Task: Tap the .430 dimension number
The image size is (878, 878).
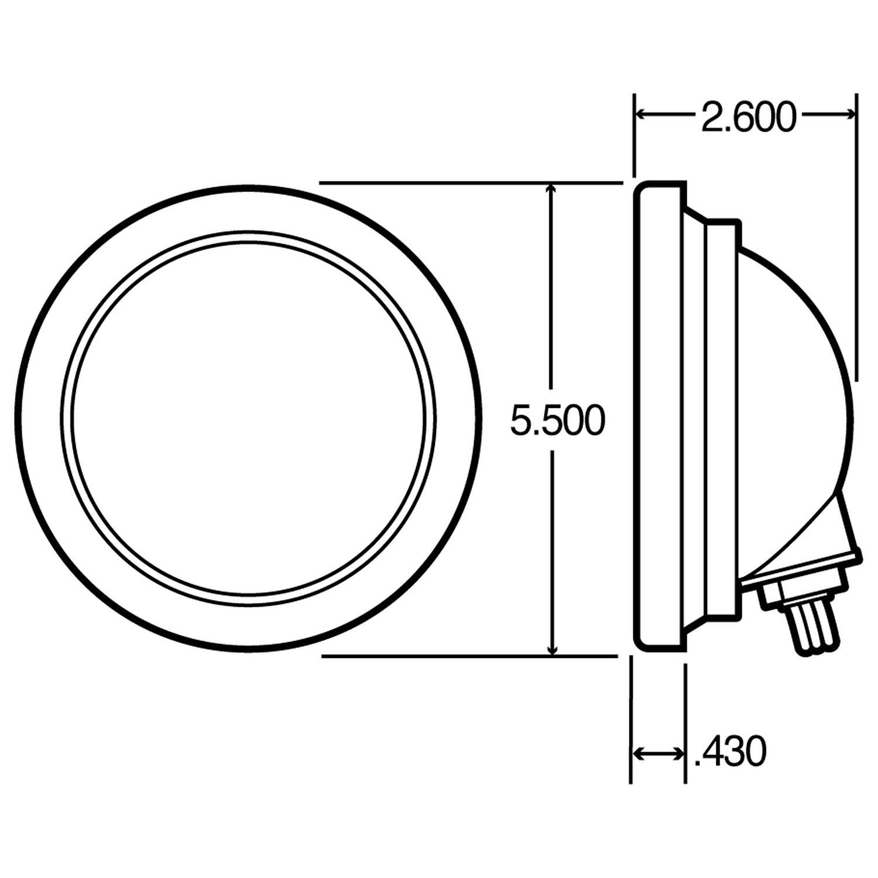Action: pyautogui.click(x=729, y=752)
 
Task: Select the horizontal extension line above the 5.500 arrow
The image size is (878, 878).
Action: pyautogui.click(x=468, y=183)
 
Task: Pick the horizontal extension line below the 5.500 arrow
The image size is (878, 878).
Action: pyautogui.click(x=468, y=656)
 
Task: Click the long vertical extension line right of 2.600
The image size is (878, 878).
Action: pyautogui.click(x=856, y=234)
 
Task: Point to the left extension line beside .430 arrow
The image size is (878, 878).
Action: pyautogui.click(x=631, y=720)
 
